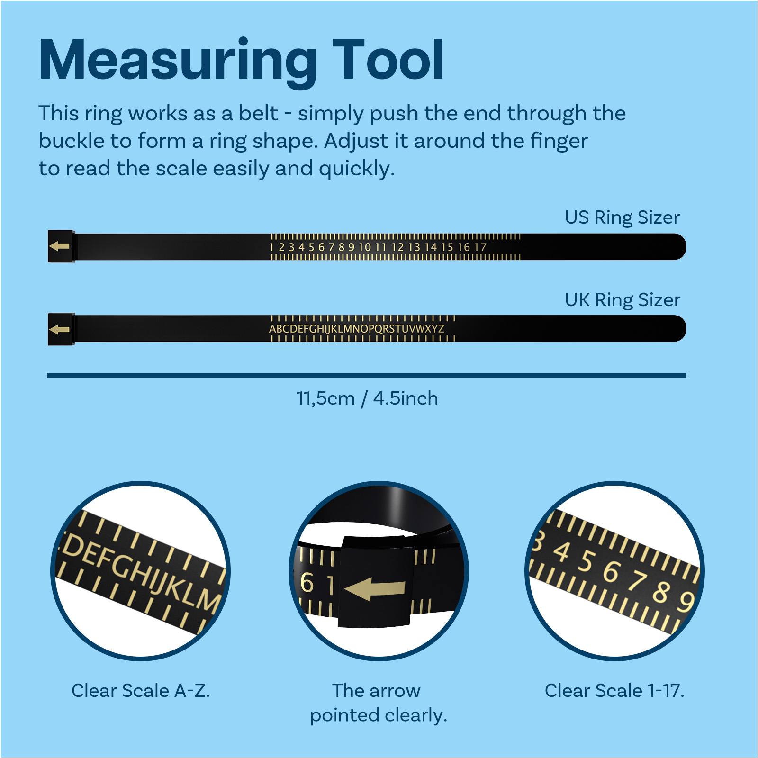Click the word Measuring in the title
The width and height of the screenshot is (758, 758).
(x=178, y=62)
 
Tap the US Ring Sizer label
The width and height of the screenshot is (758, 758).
(x=622, y=217)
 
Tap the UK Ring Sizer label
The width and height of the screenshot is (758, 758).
(x=622, y=300)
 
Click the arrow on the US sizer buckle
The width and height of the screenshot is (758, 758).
(x=59, y=246)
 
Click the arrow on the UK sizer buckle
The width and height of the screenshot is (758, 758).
(x=59, y=329)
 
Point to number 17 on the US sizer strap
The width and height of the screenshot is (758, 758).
(x=480, y=247)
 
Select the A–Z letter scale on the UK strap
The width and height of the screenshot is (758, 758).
(x=357, y=329)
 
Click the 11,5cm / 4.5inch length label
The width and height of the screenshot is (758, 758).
(x=367, y=398)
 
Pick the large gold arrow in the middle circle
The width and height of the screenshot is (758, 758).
(x=375, y=589)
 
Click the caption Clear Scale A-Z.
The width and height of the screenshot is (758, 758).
(x=141, y=690)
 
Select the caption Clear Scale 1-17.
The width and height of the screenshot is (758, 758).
(x=614, y=690)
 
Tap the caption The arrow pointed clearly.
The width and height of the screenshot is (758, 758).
(x=379, y=703)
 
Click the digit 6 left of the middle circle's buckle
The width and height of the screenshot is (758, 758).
(x=307, y=583)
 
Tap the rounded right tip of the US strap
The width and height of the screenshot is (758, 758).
(x=685, y=247)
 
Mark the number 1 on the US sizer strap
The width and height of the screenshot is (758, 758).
(x=271, y=247)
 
